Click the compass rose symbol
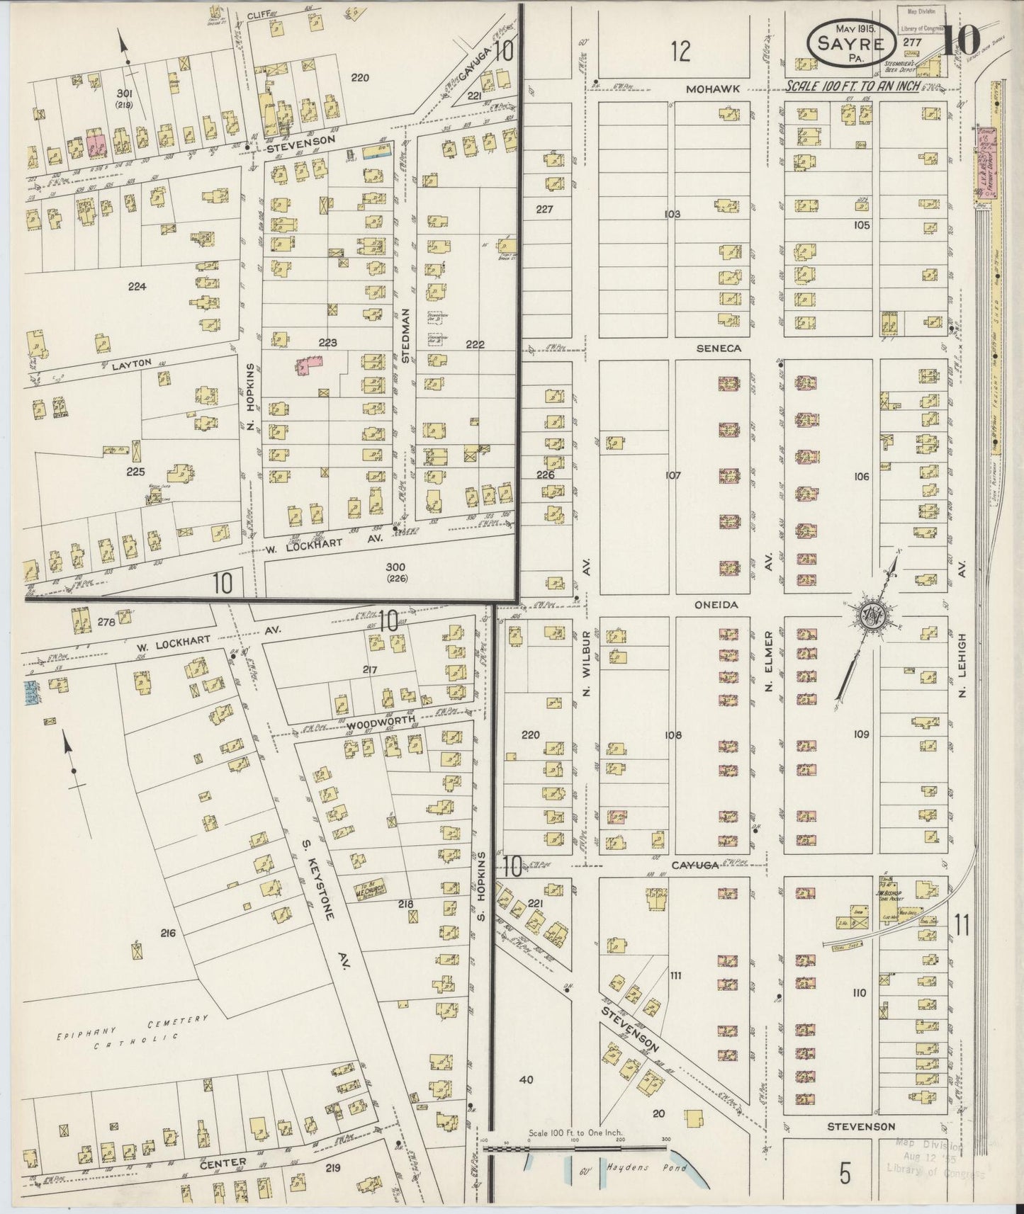(x=867, y=615)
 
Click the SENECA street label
(x=718, y=348)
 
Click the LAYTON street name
(x=132, y=363)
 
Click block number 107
(x=673, y=475)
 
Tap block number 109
(x=861, y=734)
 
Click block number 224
(x=137, y=287)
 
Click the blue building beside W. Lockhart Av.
(x=30, y=693)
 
